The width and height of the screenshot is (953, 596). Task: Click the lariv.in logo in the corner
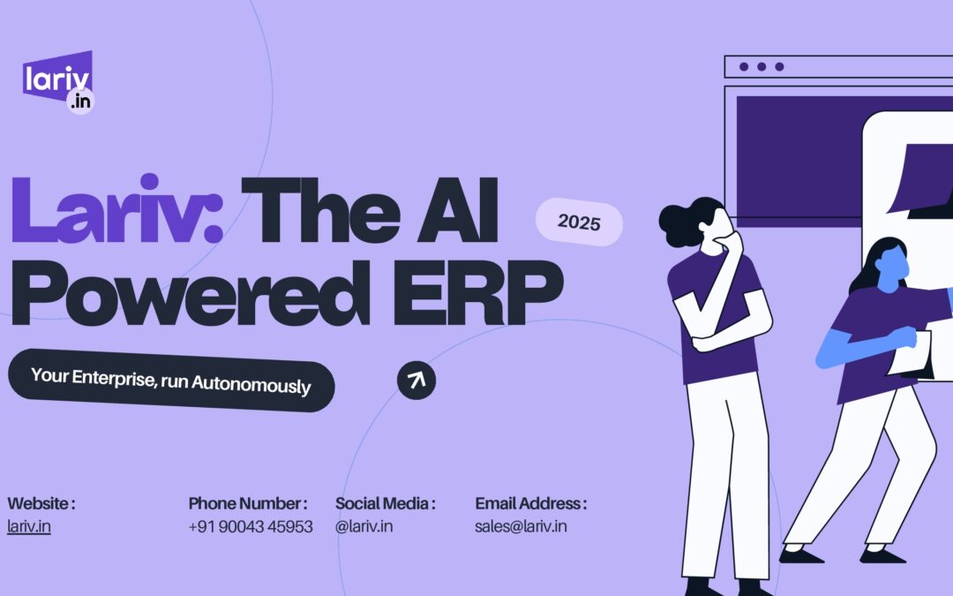click(x=58, y=82)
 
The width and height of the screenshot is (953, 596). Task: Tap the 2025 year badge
click(x=579, y=222)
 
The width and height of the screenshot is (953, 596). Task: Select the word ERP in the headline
click(x=477, y=293)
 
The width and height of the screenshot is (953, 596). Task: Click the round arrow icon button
click(x=416, y=380)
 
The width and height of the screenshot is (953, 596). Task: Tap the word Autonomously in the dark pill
click(x=251, y=384)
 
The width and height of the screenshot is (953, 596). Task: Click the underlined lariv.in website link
click(x=28, y=526)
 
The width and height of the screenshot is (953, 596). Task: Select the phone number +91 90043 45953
click(x=251, y=526)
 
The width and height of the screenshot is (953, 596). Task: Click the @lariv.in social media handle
click(x=364, y=526)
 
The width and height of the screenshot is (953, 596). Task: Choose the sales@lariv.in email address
click(x=521, y=526)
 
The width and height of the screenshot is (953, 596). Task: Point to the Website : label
click(x=41, y=503)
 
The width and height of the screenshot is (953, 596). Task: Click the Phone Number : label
click(x=248, y=503)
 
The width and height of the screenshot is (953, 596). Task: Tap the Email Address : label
click(x=531, y=503)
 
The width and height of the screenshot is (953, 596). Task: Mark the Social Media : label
click(x=386, y=503)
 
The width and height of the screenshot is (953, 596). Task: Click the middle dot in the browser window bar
click(x=762, y=66)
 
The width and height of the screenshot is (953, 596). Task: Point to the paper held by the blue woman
click(x=912, y=355)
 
